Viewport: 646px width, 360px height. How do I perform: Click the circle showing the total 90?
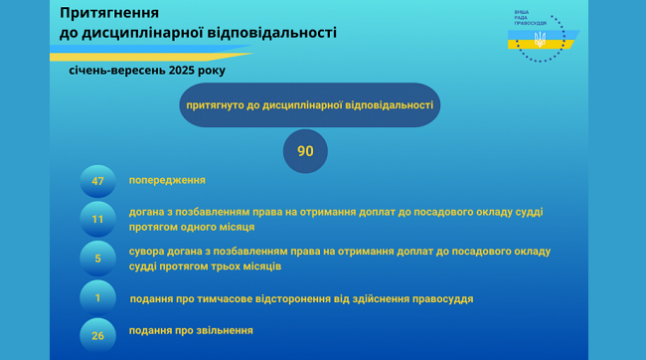[x=305, y=151]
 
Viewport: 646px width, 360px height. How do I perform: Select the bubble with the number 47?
[x=97, y=181]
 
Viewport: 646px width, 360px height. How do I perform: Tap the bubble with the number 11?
[x=97, y=219]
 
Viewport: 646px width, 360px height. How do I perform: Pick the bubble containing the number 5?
[x=97, y=259]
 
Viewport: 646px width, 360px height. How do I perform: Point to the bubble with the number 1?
[x=97, y=297]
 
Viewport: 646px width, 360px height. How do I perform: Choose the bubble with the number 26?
[x=97, y=336]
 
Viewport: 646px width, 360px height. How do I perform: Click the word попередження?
[x=167, y=180]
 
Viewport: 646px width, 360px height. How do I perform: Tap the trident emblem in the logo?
[x=540, y=39]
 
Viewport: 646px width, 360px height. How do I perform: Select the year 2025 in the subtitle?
[x=182, y=70]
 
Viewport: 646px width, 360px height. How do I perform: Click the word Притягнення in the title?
[x=109, y=13]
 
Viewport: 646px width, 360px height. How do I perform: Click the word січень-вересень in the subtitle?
[x=117, y=70]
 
